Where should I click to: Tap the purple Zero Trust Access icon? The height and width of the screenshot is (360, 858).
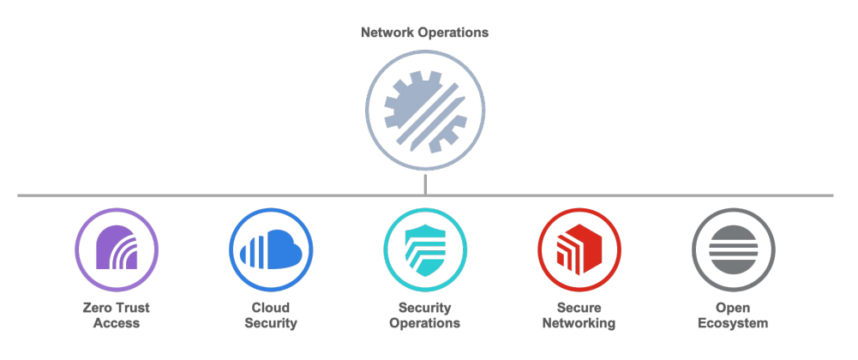[117, 249]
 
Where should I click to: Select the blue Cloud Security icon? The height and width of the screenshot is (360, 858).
[271, 249]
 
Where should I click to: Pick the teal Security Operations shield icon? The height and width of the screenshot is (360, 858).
[424, 249]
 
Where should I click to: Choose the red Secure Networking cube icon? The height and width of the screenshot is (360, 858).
[579, 249]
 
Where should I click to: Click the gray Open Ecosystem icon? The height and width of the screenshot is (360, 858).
[733, 249]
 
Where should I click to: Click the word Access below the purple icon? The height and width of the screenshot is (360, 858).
[117, 323]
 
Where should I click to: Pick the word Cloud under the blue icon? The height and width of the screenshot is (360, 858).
[271, 308]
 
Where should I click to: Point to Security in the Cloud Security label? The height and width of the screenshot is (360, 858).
[271, 323]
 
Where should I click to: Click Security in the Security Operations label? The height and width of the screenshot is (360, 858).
[424, 308]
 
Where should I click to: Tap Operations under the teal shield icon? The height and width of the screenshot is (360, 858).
[424, 323]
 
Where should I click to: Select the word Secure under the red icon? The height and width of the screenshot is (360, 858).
[579, 308]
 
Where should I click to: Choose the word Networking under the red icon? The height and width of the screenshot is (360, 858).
[579, 323]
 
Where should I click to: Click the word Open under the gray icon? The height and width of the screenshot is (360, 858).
[733, 308]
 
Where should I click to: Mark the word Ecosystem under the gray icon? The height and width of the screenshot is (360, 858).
[733, 323]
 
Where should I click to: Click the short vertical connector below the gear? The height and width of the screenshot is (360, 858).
[425, 184]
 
